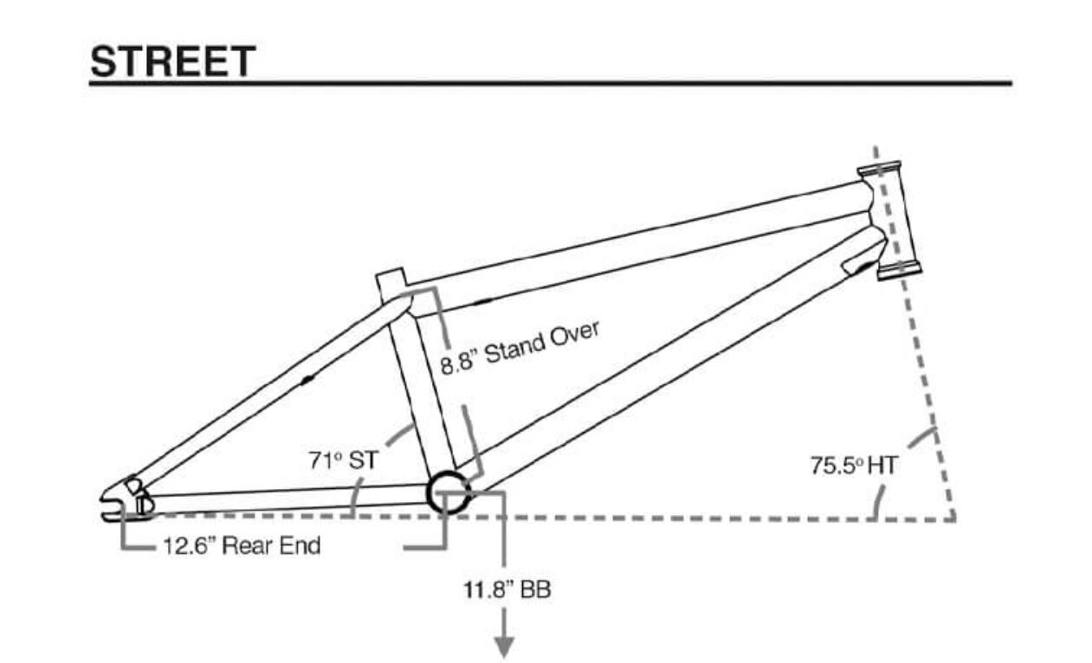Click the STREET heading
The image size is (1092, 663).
click(172, 61)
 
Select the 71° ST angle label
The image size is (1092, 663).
click(343, 460)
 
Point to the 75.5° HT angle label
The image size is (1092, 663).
click(854, 466)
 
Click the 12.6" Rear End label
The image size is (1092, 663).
click(242, 546)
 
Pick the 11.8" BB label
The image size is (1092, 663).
click(506, 590)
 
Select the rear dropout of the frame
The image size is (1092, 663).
click(126, 501)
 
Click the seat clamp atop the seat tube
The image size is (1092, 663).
click(391, 284)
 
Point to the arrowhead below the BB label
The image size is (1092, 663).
click(504, 647)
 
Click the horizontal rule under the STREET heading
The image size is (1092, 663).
click(551, 84)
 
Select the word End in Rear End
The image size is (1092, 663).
click(300, 546)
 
